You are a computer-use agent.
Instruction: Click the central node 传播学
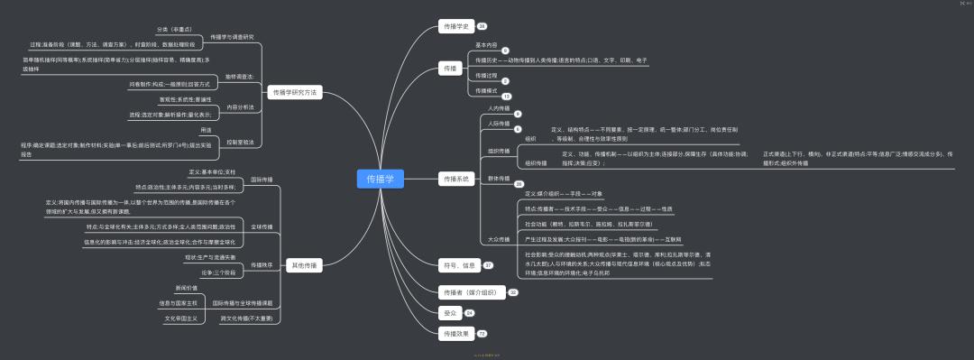pyautogui.click(x=378, y=179)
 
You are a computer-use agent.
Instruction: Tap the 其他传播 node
pyautogui.click(x=304, y=265)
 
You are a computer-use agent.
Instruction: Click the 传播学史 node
pyautogui.click(x=454, y=25)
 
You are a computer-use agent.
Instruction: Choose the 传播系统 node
pyautogui.click(x=455, y=179)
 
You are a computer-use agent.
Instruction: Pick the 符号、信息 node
pyautogui.click(x=457, y=265)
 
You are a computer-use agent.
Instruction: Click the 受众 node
pyautogui.click(x=449, y=312)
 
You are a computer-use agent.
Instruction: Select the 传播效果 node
pyautogui.click(x=455, y=334)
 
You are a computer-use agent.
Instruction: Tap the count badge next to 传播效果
pyautogui.click(x=482, y=334)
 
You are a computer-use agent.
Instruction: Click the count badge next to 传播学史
pyautogui.click(x=482, y=25)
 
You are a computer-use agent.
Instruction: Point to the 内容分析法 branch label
pyautogui.click(x=240, y=106)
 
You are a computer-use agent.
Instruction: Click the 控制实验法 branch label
pyautogui.click(x=240, y=142)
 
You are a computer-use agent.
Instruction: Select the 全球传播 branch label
pyautogui.click(x=262, y=226)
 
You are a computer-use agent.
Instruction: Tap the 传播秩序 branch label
pyautogui.click(x=262, y=265)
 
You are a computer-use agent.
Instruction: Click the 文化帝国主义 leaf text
pyautogui.click(x=181, y=318)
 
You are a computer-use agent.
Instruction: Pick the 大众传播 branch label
pyautogui.click(x=499, y=239)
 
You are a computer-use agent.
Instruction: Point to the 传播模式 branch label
pyautogui.click(x=486, y=90)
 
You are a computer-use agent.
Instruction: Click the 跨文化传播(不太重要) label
pyautogui.click(x=246, y=318)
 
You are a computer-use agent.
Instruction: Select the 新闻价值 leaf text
pyautogui.click(x=187, y=288)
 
